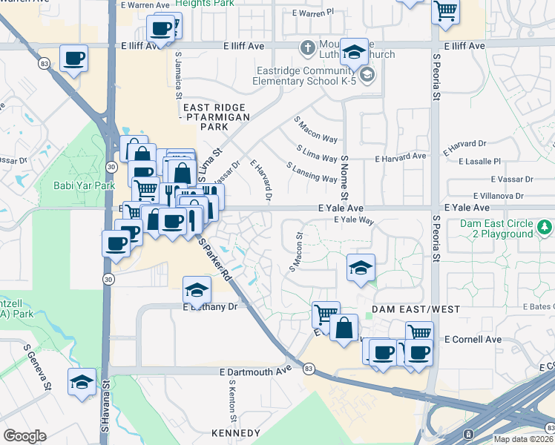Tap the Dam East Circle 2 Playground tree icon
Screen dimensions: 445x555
click(545, 225)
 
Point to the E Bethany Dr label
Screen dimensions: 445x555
click(210, 306)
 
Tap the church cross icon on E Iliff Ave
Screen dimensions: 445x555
click(306, 47)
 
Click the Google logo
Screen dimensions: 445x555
click(24, 435)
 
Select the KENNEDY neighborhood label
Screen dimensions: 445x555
click(235, 433)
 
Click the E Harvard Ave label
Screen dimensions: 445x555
click(401, 157)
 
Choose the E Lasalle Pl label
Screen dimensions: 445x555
click(480, 161)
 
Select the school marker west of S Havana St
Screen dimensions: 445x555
click(82, 382)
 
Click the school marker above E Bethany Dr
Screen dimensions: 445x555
click(197, 290)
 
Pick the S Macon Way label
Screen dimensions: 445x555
click(317, 129)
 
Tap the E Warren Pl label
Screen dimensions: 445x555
click(314, 13)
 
